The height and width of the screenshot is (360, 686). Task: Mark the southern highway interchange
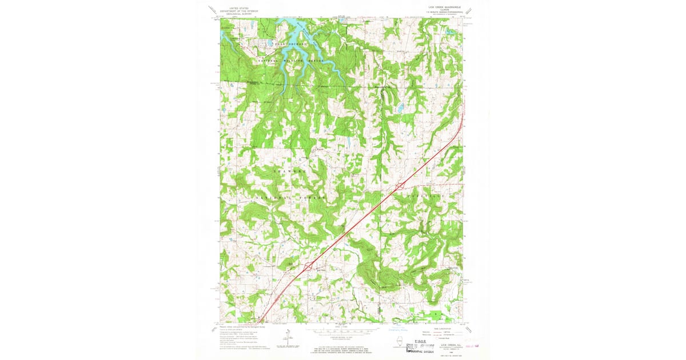[x=308, y=266]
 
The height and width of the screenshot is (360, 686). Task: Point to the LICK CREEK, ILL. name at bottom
[x=448, y=345]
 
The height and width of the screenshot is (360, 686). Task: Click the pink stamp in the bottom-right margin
[x=473, y=346]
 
